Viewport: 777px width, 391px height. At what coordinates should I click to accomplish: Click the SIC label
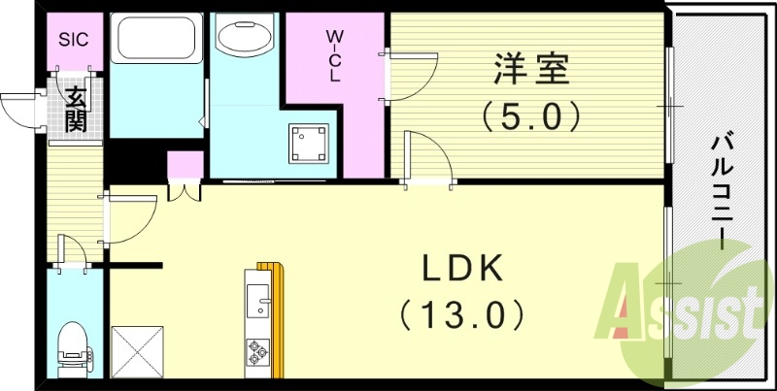coord(73,40)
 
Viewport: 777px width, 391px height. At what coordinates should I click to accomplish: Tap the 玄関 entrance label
coord(75,109)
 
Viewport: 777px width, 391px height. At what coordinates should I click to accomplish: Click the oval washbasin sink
coord(246,40)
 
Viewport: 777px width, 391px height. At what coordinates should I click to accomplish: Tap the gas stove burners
coord(259,351)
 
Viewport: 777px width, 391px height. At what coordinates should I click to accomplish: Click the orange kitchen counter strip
coord(280,320)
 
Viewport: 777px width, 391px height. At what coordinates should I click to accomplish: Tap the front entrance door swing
coord(21,109)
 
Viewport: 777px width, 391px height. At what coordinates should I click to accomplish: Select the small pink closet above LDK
coord(184,164)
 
